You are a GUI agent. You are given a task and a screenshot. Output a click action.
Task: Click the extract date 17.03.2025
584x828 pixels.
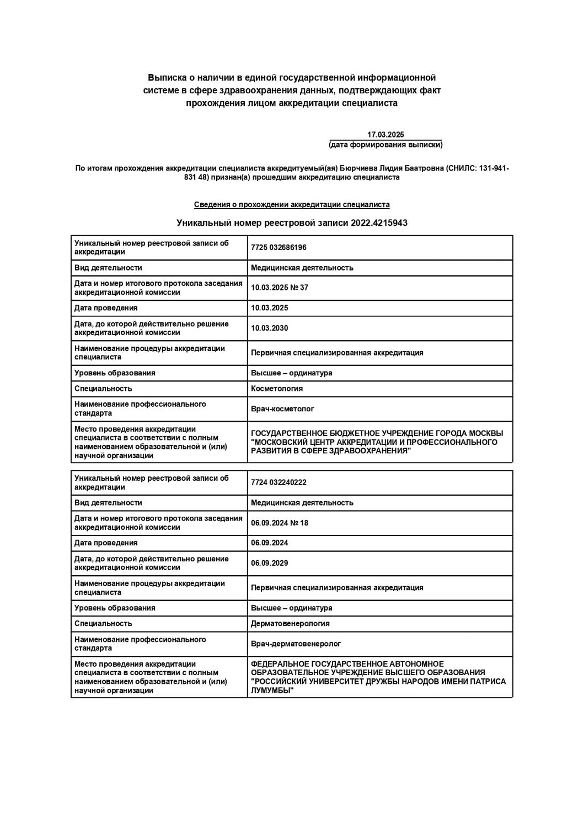tap(385, 135)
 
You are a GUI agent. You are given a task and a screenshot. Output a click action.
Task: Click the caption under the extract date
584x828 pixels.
tap(385, 145)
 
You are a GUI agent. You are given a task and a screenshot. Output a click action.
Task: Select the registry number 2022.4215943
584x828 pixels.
tap(379, 223)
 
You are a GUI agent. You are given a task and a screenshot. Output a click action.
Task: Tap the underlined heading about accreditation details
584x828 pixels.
tap(292, 205)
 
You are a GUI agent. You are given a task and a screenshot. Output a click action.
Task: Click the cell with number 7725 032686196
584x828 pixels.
tap(278, 248)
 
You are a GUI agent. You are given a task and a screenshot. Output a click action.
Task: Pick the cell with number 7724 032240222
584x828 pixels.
tap(278, 482)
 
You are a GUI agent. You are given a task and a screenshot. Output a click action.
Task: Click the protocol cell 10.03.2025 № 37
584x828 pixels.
tap(280, 288)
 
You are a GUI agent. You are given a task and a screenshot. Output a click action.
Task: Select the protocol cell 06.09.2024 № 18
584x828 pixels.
tap(280, 523)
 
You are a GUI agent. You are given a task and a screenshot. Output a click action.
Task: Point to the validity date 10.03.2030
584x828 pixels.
tap(269, 328)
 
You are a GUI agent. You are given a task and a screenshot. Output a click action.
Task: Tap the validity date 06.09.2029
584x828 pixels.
tap(269, 563)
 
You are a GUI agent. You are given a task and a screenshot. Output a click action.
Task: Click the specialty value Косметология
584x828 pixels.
tap(277, 389)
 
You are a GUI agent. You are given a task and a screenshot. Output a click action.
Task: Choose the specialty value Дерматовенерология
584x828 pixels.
tap(290, 624)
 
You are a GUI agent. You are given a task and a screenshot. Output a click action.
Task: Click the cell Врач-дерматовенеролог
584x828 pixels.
tap(296, 644)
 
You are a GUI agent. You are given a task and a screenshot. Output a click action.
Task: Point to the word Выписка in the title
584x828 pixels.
tap(168, 78)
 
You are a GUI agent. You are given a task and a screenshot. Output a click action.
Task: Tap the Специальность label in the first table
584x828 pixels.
tap(103, 389)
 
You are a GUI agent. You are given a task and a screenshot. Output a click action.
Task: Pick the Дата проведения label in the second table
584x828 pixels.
tap(106, 543)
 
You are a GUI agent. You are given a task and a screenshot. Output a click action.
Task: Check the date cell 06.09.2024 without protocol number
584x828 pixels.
tap(269, 543)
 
